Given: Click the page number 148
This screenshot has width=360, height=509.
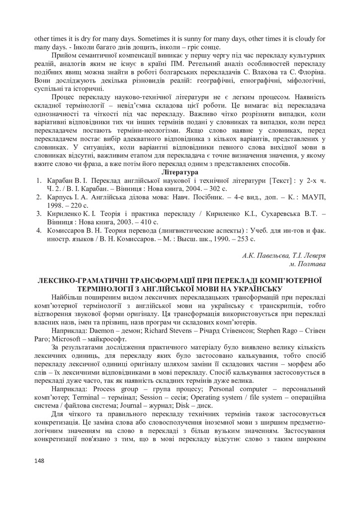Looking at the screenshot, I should tap(40, 461).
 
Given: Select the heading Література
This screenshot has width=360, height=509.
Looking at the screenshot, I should tap(180, 171).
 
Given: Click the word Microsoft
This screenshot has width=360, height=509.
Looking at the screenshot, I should tap(70, 338).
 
